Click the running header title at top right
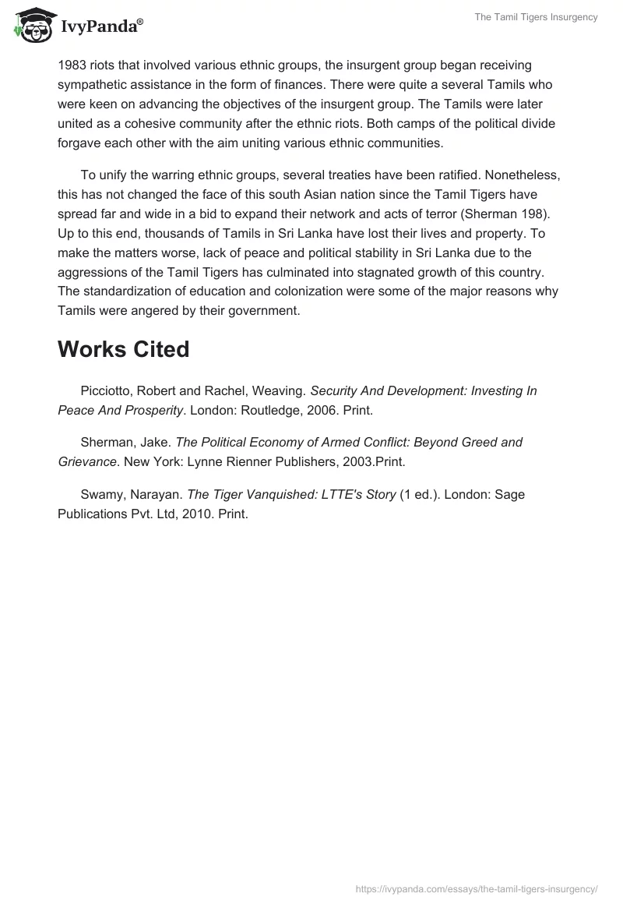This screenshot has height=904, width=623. (x=536, y=18)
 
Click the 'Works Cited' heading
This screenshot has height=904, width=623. (x=123, y=349)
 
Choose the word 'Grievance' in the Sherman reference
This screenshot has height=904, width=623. (x=86, y=462)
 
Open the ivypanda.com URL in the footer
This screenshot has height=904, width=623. (x=476, y=888)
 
